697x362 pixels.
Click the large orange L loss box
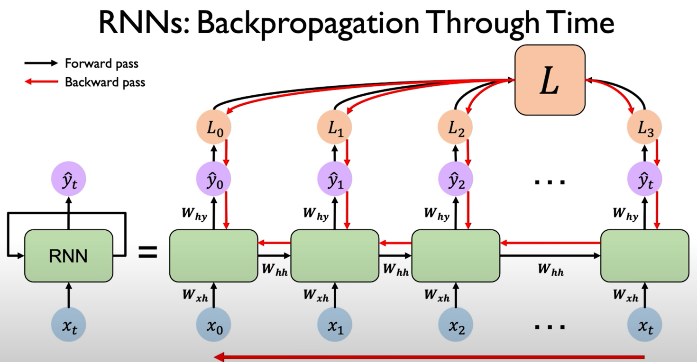point(550,80)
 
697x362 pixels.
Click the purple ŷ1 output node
point(334,180)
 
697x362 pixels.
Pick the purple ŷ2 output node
point(456,180)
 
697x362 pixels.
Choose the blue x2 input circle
point(456,326)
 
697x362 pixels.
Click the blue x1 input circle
point(334,326)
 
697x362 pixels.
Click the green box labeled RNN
point(69,256)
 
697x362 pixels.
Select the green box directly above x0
point(213,256)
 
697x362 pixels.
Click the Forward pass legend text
point(101,63)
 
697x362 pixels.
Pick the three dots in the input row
point(550,326)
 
